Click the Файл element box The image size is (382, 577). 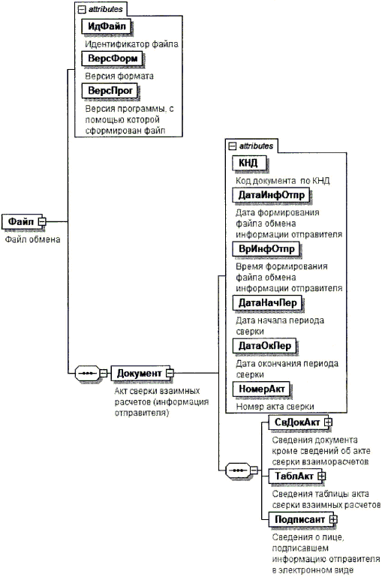tap(22, 221)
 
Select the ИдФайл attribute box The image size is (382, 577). tap(107, 26)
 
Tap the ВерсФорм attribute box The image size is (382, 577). tap(113, 59)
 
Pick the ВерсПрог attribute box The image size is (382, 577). tap(110, 91)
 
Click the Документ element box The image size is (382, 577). tap(140, 373)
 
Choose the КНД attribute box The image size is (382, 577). tap(249, 163)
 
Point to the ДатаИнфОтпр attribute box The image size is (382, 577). tap(271, 195)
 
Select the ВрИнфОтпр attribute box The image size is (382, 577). tap(266, 249)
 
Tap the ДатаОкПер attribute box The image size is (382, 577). tap(265, 346)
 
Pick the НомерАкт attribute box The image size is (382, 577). tap(261, 389)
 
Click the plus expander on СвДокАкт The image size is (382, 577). tap(328, 422)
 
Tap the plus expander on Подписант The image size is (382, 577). tap(333, 519)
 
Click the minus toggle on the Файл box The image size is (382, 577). tap(42, 221)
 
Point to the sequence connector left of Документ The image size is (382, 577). tap(87, 373)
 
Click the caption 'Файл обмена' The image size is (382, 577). tap(32, 239)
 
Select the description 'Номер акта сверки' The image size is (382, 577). tap(275, 407)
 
